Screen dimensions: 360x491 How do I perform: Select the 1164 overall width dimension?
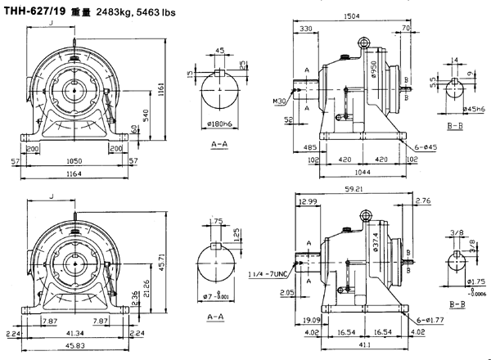click(x=74, y=173)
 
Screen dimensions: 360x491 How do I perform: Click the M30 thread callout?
click(x=282, y=102)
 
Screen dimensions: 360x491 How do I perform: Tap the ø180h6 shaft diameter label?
click(x=217, y=125)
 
